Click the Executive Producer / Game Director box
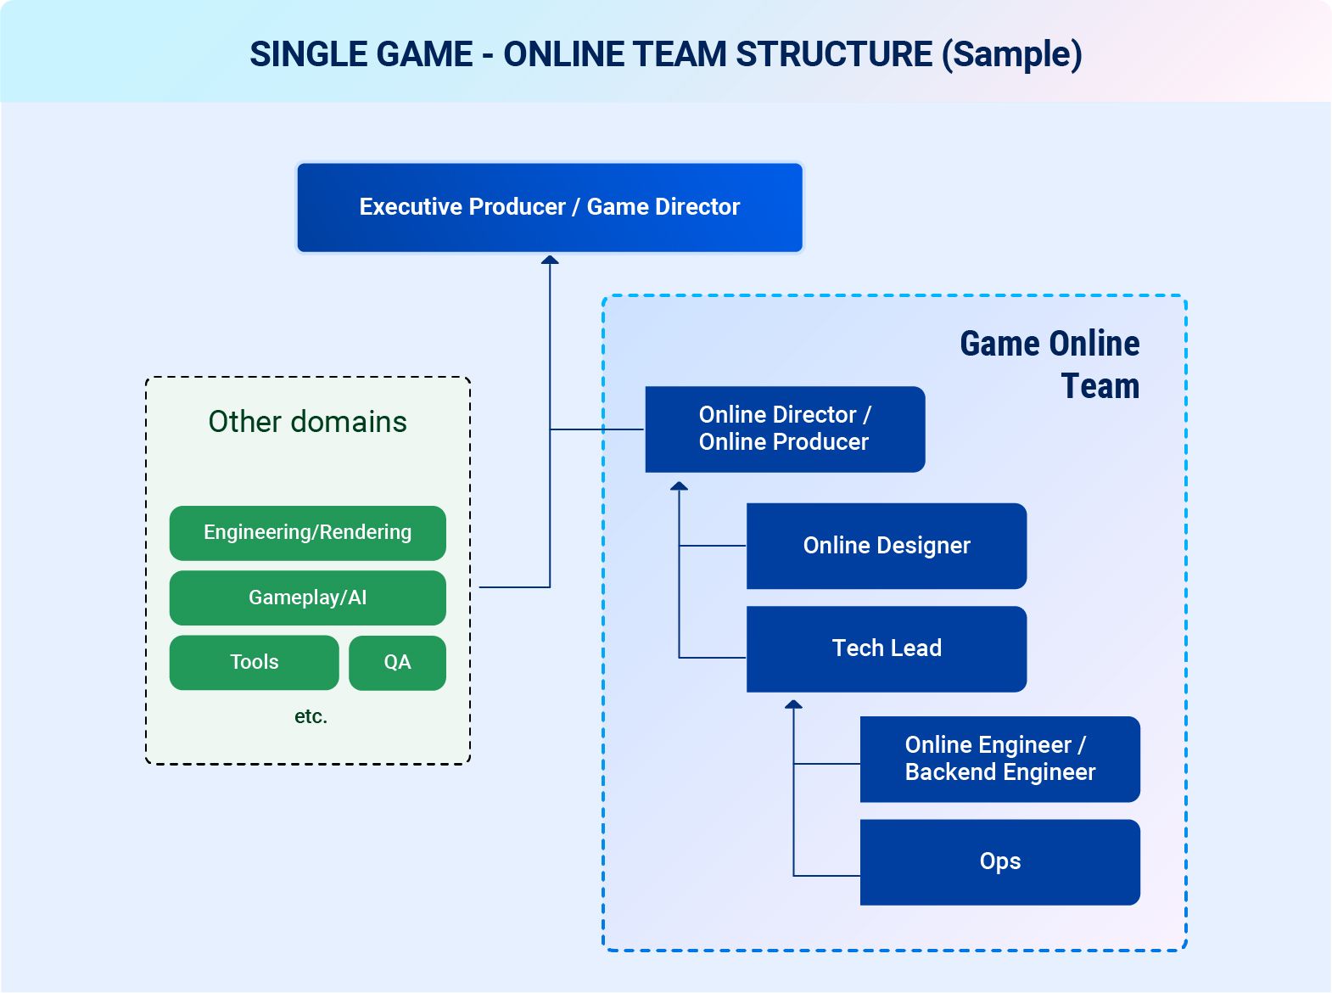coord(549,207)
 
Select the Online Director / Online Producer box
coord(785,429)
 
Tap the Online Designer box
coord(886,546)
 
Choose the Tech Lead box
coord(886,649)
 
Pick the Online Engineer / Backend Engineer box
coord(999,760)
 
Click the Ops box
coord(999,862)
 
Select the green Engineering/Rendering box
coord(308,533)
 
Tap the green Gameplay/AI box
coord(308,597)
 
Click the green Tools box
coord(255,662)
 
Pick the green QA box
coord(397,662)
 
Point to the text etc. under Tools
coord(311,717)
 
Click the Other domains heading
coord(308,422)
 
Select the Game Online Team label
coord(1049,365)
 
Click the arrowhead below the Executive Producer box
coord(550,260)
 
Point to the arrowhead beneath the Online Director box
coord(679,486)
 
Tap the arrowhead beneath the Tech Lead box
coord(793,704)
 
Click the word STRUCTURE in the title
coord(834,54)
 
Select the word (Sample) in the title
coord(1011,55)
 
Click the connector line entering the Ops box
coord(826,875)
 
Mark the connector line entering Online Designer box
coord(713,546)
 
